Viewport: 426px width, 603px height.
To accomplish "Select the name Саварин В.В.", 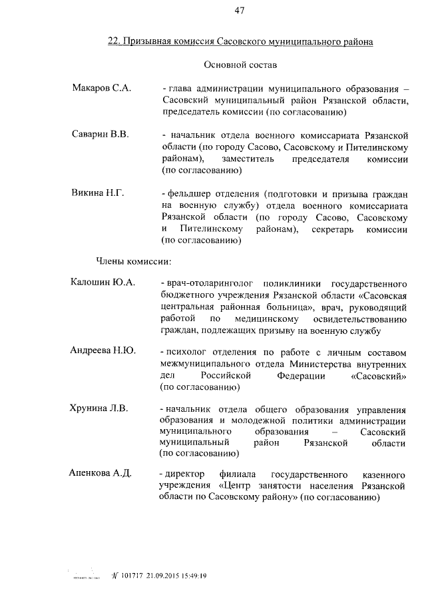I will [100, 134].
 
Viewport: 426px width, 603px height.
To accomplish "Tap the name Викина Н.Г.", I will [98, 193].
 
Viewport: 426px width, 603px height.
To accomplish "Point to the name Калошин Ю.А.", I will [103, 282].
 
